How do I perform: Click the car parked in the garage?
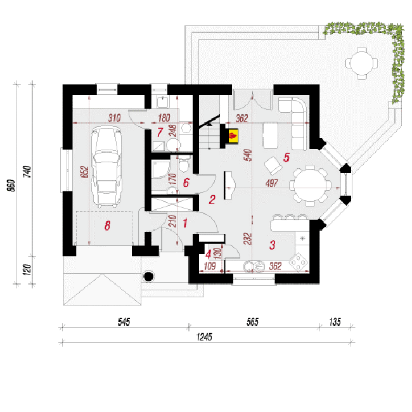click(106, 166)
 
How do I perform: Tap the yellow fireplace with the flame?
click(233, 136)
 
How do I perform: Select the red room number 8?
click(107, 226)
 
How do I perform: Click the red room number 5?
click(286, 157)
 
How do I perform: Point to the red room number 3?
click(272, 245)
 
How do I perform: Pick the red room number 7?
click(160, 132)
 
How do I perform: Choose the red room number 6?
click(186, 183)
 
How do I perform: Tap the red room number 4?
click(209, 254)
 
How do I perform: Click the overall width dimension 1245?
click(204, 337)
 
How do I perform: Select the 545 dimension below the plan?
click(124, 322)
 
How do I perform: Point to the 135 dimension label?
click(335, 322)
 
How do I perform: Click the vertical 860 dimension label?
click(11, 186)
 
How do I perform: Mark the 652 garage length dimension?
click(85, 172)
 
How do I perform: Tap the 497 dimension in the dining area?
click(272, 183)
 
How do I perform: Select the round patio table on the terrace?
click(361, 63)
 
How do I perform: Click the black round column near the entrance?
click(149, 276)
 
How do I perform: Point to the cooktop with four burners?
click(299, 262)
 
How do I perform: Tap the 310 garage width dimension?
click(114, 118)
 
